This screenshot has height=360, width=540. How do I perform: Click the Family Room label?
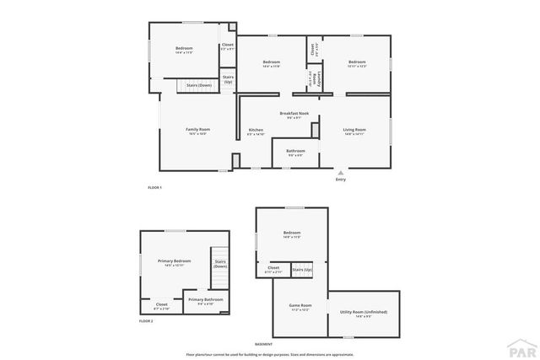198,129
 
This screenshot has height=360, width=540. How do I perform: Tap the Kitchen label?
256,130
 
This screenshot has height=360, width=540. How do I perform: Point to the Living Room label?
354,130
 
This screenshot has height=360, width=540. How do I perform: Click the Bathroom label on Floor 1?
295,151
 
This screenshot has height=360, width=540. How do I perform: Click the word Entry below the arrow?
340,180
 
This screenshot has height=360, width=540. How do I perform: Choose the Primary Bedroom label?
175,261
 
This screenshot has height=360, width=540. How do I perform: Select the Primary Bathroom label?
206,299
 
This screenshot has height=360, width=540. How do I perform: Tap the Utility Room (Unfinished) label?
364,312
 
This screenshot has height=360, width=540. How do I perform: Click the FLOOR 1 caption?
154,187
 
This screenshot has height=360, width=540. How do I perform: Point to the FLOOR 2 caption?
147,321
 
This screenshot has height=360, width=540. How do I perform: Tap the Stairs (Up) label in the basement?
302,270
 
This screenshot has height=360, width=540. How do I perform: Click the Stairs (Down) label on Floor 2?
220,264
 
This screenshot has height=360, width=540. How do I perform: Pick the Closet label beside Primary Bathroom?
161,304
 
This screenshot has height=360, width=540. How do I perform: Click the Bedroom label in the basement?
292,233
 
